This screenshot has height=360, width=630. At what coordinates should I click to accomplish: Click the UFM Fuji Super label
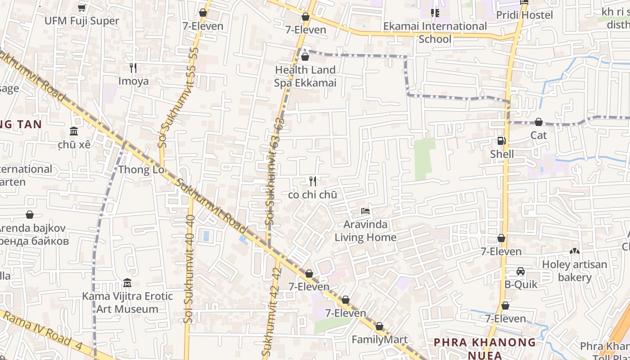(82, 21)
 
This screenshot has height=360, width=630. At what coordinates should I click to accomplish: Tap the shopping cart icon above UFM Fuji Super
(81, 8)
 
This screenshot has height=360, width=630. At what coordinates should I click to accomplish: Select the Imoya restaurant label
(133, 81)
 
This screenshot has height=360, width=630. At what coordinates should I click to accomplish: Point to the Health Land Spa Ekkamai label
(305, 76)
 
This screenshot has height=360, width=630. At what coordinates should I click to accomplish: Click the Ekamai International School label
(435, 32)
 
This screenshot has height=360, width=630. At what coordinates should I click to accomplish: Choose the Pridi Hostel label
(524, 15)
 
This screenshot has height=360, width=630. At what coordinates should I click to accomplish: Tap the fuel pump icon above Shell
(501, 141)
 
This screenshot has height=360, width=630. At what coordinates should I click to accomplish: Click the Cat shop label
(538, 135)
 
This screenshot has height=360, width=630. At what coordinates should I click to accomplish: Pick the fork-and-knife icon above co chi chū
(313, 181)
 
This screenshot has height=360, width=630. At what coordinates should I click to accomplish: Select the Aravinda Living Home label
(365, 231)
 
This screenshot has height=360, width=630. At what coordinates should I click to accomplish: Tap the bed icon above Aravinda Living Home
(365, 211)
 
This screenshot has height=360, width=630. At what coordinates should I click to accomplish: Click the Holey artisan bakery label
(575, 270)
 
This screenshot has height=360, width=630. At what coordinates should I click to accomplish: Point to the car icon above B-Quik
(521, 271)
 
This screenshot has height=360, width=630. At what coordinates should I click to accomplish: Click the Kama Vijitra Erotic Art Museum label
(127, 302)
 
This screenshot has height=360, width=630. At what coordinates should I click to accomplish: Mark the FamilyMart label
(379, 339)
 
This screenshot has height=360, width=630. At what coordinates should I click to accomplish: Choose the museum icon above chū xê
(74, 131)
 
